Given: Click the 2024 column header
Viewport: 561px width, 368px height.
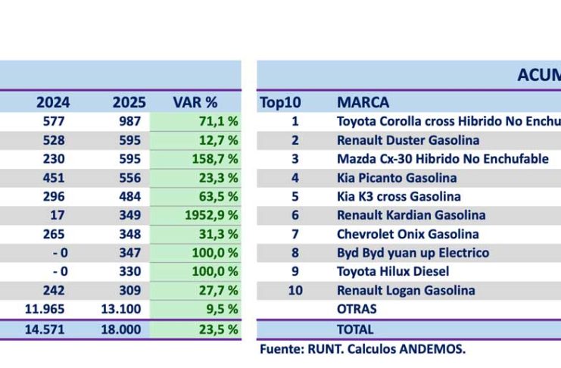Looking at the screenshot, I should [54, 102].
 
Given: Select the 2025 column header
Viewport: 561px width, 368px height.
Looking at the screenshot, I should [129, 102].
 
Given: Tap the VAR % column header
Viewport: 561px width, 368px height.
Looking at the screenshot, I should [195, 102].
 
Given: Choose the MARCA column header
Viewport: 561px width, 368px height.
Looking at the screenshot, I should [363, 102].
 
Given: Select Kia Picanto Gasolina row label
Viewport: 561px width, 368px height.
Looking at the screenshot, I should [397, 178].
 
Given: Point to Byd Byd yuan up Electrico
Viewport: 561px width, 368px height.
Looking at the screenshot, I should [413, 253].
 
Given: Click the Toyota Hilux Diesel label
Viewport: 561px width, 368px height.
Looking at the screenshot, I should [393, 271].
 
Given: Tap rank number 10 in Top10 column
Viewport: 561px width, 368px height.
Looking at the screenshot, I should [295, 290].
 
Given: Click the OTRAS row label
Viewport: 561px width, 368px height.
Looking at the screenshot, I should [357, 309].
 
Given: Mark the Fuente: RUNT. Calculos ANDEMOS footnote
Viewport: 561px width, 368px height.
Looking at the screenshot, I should [363, 349].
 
